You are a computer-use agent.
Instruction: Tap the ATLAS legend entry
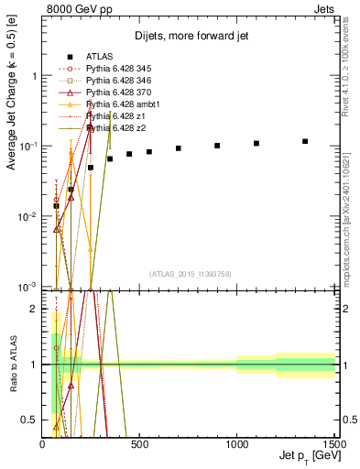pos(99,57)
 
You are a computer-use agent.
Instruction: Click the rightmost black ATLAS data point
pos(305,141)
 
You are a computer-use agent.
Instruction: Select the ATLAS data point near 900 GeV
pos(217,146)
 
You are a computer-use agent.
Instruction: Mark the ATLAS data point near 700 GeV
pos(179,148)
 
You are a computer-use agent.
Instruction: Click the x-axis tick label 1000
pos(237,444)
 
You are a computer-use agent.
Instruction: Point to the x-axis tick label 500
pos(140,444)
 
